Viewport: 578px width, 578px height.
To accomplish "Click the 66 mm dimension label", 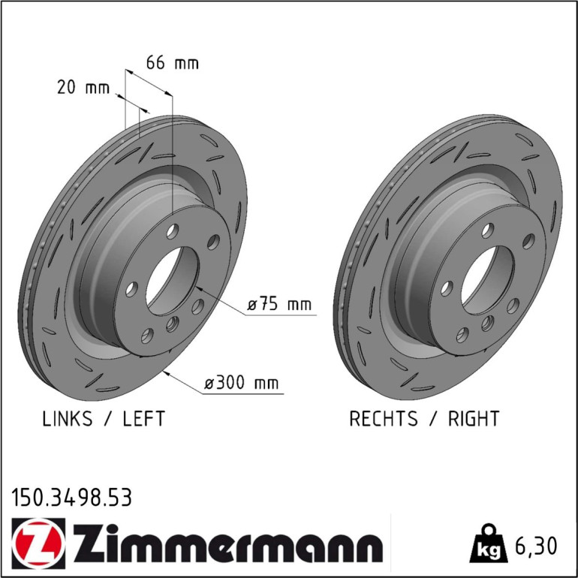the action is [x=172, y=62].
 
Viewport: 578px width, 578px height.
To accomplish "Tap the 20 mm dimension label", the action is [x=83, y=87].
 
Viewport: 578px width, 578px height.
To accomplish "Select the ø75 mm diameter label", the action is [x=279, y=304].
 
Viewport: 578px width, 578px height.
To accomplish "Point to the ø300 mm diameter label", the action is [x=242, y=383].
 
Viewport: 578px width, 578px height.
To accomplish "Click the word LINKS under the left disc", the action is [x=68, y=418].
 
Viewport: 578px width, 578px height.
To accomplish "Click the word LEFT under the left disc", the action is [x=144, y=418].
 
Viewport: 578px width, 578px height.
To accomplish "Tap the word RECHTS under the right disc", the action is [x=384, y=418].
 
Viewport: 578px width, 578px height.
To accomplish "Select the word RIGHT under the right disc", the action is [x=474, y=418].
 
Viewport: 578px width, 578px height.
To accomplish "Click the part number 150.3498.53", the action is [x=71, y=497].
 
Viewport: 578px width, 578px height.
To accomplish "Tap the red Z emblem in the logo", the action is [x=38, y=543].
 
